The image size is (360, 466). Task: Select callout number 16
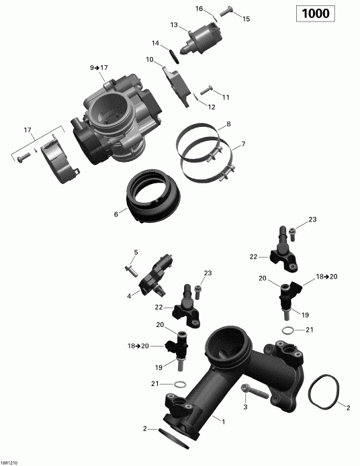[x=199, y=9]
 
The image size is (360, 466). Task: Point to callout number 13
[x=174, y=25]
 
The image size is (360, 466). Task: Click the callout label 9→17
[x=99, y=68]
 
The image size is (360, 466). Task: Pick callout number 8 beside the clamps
[x=228, y=124]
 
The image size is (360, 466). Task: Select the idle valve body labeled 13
[x=206, y=33]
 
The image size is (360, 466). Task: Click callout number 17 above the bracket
[x=28, y=130]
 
